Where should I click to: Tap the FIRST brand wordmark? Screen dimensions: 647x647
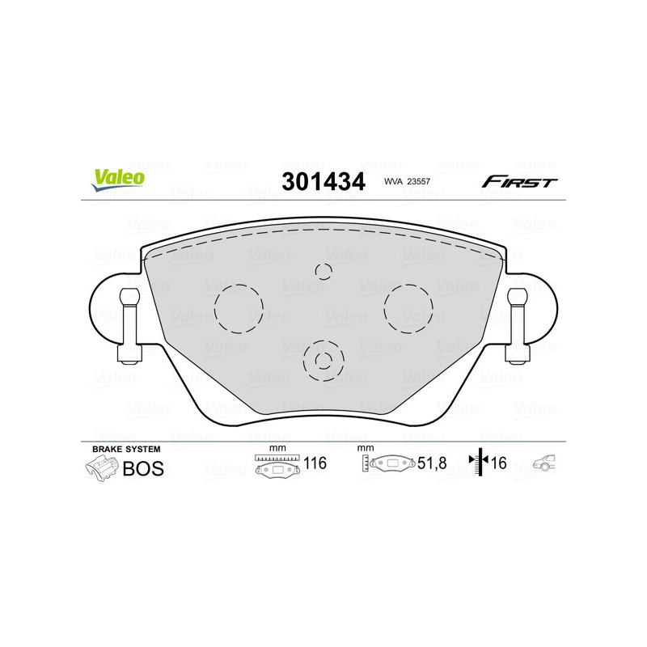(x=519, y=182)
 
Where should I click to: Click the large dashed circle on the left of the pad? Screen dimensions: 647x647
(x=239, y=309)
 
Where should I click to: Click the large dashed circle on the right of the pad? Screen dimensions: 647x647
(x=408, y=308)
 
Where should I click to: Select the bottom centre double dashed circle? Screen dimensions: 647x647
(x=323, y=360)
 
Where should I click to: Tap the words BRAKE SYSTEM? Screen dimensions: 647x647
(x=126, y=449)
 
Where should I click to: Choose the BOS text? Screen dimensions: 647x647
(x=143, y=468)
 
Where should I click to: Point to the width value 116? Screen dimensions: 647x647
(x=314, y=464)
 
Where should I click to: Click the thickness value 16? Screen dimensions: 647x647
(x=498, y=464)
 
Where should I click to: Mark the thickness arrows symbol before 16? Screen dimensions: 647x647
(x=479, y=463)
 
